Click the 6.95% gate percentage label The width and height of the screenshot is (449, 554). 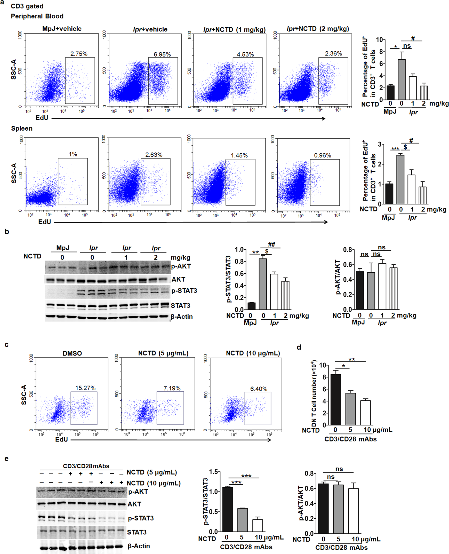(162, 54)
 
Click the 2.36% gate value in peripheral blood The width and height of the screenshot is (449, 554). (333, 53)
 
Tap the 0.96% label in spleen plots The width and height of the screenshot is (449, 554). (323, 155)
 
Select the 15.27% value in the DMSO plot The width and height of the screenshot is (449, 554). (85, 388)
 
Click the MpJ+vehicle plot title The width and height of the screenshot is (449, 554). (62, 29)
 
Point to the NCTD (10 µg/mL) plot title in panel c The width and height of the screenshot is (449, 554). (253, 353)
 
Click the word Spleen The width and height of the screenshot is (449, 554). (22, 128)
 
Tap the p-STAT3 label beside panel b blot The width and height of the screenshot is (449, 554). (184, 291)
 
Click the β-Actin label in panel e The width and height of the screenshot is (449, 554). (139, 546)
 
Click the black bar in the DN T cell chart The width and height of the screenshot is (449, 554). (336, 400)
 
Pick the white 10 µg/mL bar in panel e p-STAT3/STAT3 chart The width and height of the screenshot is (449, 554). (257, 526)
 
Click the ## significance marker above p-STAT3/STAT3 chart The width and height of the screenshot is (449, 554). (271, 244)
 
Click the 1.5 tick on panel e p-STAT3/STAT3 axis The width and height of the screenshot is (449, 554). (213, 472)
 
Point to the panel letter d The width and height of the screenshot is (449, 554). (299, 347)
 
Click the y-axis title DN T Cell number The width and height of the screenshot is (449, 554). (314, 393)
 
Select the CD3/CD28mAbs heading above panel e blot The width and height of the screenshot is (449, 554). (86, 466)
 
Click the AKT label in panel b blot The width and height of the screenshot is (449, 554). (178, 280)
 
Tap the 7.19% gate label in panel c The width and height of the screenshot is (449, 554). (172, 388)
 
